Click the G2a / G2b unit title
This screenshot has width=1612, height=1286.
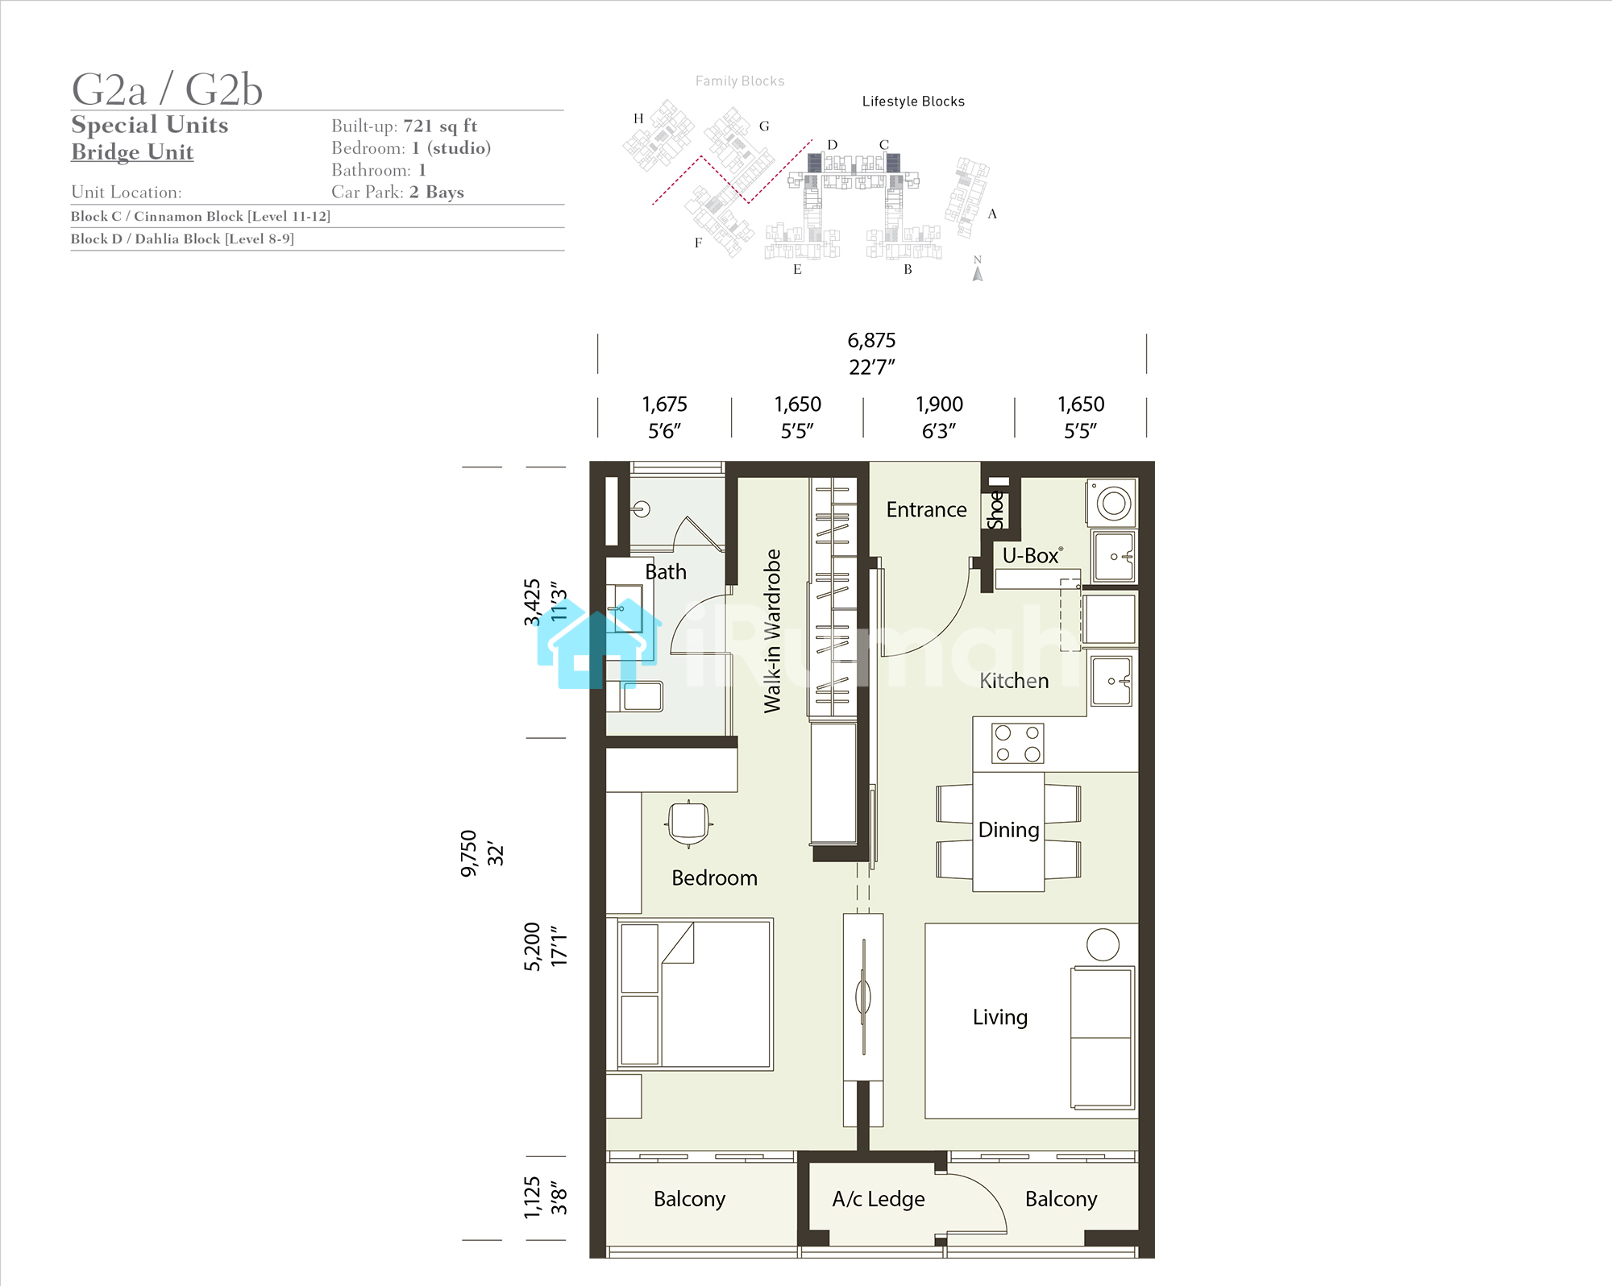click(x=167, y=89)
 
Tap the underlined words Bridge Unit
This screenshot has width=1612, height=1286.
click(x=132, y=152)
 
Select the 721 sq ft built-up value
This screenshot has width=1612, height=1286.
click(x=440, y=126)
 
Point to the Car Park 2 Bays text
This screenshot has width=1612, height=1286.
click(x=397, y=192)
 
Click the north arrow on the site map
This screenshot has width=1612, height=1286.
click(x=978, y=274)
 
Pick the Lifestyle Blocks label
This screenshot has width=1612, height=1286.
click(x=913, y=102)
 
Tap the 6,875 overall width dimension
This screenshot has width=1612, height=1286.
click(x=871, y=341)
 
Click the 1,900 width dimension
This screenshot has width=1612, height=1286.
click(x=939, y=404)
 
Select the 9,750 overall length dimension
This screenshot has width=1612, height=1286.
click(x=468, y=853)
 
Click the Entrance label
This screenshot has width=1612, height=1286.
click(x=926, y=510)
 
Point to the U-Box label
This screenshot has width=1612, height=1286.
click(x=1032, y=556)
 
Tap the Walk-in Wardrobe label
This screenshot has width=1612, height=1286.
click(x=772, y=631)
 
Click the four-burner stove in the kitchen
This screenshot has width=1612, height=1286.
click(x=1017, y=743)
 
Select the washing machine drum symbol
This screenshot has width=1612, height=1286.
click(x=1114, y=504)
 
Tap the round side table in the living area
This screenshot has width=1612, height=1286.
click(x=1103, y=944)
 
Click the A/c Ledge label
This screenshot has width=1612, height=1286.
click(x=879, y=1199)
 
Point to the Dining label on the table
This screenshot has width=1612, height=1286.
click(x=1008, y=830)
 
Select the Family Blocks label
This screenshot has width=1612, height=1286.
click(x=740, y=81)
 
